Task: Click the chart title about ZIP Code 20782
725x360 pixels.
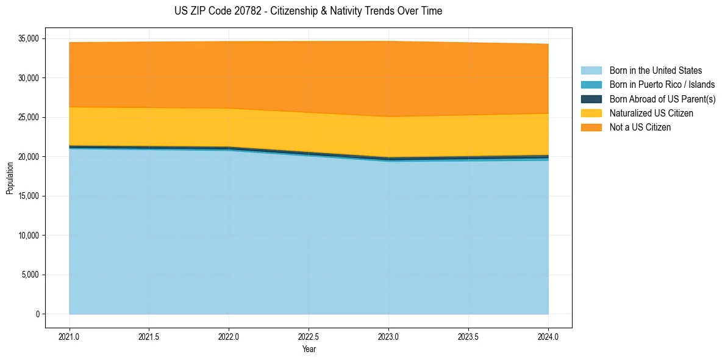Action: [308, 11]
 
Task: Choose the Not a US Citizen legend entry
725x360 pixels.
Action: [640, 128]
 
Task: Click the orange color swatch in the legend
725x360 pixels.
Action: [591, 128]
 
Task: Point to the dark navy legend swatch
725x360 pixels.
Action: [591, 99]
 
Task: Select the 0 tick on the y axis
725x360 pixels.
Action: [37, 314]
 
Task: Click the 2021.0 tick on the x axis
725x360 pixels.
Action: [69, 336]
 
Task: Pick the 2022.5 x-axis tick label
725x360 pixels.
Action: [309, 336]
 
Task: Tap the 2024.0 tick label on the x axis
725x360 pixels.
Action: [548, 336]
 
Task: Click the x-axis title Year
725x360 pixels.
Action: [309, 350]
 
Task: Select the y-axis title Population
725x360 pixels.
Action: [10, 178]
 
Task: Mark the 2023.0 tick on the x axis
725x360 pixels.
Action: [388, 336]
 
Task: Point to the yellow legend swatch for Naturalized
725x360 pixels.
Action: [591, 113]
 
